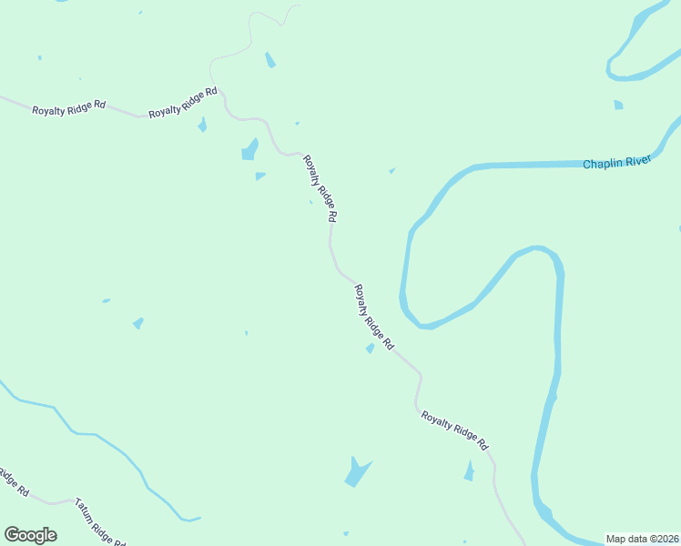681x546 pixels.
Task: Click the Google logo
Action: coord(30,535)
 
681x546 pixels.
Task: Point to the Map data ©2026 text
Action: coord(641,539)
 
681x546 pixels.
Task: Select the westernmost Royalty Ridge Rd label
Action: coord(68,108)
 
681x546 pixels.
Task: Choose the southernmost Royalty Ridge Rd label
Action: coord(455,430)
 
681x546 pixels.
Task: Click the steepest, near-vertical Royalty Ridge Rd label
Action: coord(320,188)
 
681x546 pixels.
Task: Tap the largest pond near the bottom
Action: coord(356,473)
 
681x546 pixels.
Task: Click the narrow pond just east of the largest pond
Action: coord(469,470)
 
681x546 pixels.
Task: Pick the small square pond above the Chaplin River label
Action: coord(618,105)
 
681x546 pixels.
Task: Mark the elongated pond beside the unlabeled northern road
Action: coord(269,60)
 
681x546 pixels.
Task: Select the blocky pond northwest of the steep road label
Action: coord(249,150)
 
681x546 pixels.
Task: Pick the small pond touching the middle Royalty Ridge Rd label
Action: coord(370,349)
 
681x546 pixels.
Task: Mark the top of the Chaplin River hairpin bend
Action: coord(540,248)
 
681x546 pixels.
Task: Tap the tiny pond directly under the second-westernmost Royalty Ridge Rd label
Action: coord(202,125)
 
